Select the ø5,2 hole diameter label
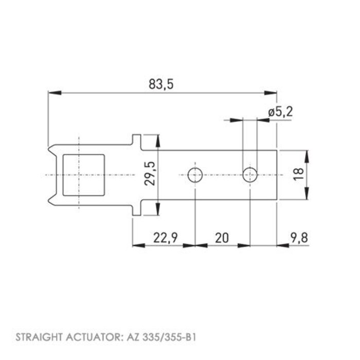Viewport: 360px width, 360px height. coord(280,112)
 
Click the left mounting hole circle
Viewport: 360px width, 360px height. coord(195,175)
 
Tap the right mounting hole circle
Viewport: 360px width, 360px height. coord(250,175)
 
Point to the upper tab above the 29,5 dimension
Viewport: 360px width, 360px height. coord(136,140)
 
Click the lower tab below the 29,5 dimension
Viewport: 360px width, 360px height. coord(136,210)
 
